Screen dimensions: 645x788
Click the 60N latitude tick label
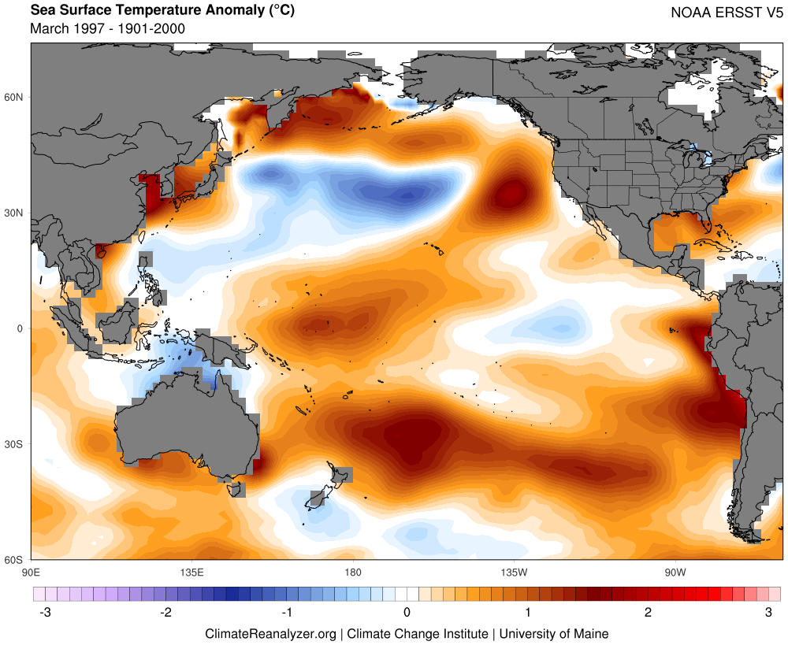(x=15, y=98)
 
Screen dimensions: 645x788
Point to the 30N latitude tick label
(x=15, y=213)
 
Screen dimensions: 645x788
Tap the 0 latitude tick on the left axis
(x=20, y=329)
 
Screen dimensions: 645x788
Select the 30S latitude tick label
(x=15, y=445)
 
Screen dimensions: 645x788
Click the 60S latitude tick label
(x=15, y=560)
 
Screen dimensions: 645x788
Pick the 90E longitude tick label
(x=31, y=571)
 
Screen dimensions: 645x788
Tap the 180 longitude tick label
(x=352, y=571)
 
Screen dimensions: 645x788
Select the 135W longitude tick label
(x=513, y=571)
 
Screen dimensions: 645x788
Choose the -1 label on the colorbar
(x=288, y=613)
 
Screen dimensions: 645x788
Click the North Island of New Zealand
(x=341, y=476)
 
